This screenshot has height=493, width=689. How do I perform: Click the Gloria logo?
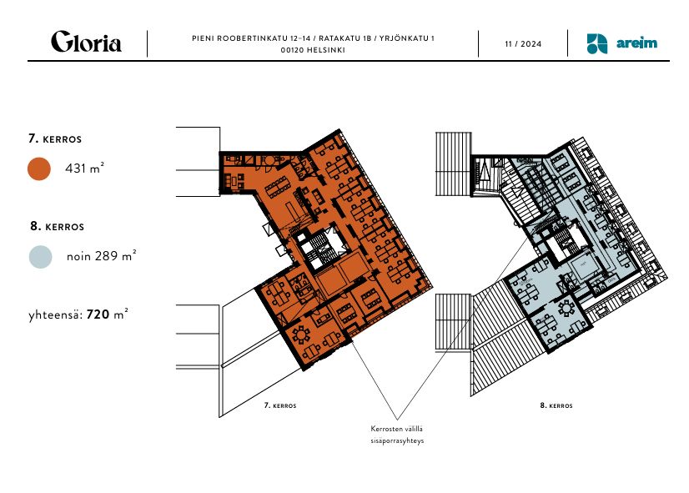(86, 43)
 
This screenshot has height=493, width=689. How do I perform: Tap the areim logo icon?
(596, 43)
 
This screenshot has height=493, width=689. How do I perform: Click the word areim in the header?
(637, 43)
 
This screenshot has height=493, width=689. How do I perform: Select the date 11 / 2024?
(523, 43)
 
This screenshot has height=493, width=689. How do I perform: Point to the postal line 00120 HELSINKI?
(313, 50)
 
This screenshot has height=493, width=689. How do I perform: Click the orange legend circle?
(39, 169)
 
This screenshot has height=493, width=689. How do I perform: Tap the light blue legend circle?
(39, 256)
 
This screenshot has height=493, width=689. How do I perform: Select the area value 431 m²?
(84, 169)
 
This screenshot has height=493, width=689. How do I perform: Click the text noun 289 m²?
(101, 256)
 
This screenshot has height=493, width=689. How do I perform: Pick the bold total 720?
(99, 314)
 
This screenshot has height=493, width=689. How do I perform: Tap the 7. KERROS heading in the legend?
(54, 138)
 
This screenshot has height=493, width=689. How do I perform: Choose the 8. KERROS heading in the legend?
(56, 226)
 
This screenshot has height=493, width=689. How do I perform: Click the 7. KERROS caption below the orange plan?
(280, 405)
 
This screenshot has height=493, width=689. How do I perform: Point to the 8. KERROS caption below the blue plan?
(556, 405)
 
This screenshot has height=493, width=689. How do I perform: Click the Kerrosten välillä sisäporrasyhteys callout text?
(398, 435)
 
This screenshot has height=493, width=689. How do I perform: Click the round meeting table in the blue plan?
(569, 308)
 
